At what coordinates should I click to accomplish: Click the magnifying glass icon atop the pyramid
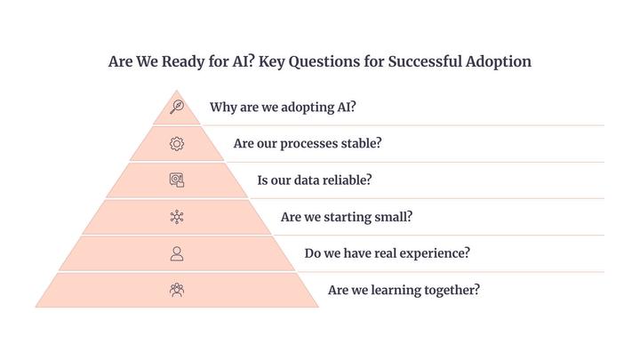(177, 107)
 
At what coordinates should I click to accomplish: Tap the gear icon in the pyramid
(177, 144)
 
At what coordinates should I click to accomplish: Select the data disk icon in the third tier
(177, 180)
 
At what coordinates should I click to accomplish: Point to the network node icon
(177, 217)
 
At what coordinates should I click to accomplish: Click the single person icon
(177, 253)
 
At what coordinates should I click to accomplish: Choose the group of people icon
(177, 290)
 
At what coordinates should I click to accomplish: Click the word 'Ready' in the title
(183, 62)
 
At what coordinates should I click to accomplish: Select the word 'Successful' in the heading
(425, 61)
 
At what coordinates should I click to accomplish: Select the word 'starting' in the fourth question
(346, 217)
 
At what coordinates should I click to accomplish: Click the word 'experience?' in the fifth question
(435, 253)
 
